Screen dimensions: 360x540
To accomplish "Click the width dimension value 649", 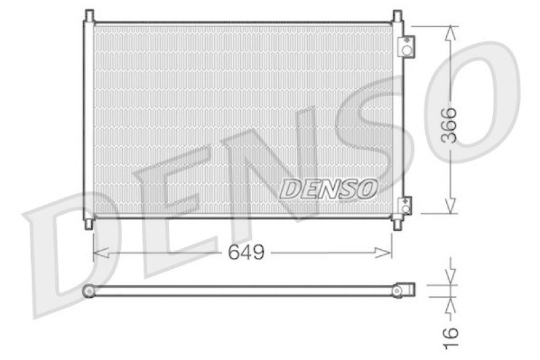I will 246,253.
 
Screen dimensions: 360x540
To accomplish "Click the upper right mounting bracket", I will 406,47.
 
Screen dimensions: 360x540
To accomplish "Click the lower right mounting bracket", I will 406,205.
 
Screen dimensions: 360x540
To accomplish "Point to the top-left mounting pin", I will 89,15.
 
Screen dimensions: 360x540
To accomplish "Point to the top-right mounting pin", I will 397,15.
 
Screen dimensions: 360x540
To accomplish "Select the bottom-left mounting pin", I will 89,223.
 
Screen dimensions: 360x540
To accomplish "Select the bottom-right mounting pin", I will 397,223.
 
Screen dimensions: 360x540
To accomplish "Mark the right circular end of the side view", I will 398,290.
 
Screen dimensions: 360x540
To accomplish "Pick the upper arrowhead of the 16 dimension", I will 451,280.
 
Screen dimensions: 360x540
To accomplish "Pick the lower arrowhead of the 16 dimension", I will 451,302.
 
